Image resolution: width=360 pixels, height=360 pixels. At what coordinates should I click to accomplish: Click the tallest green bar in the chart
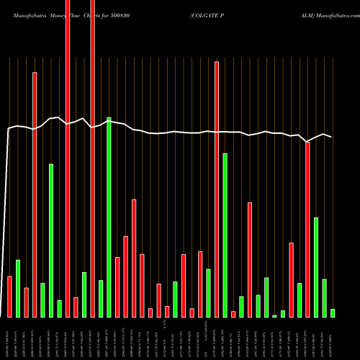109,216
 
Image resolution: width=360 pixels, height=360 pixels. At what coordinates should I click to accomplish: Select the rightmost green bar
333,312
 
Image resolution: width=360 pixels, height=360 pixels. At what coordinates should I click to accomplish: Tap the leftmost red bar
9,296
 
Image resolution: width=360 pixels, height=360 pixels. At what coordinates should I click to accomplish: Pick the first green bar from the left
18,288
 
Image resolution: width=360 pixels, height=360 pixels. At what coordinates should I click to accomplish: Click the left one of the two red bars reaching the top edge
68,158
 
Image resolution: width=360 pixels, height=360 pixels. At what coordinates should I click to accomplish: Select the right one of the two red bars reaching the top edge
93,158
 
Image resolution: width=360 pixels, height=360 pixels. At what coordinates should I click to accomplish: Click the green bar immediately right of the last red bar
316,266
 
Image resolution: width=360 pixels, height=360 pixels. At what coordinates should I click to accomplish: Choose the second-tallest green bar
225,235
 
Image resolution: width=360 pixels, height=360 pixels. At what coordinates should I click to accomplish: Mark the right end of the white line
331,136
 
